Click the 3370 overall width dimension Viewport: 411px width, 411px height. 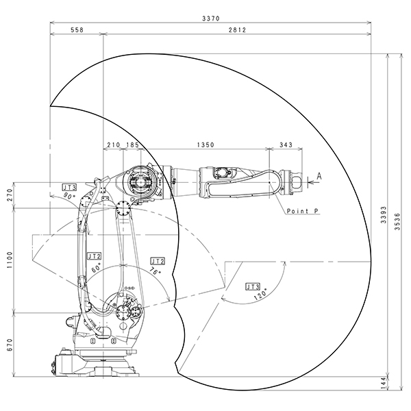(211, 18)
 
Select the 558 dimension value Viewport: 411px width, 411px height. (77, 30)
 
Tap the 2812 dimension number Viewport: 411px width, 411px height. (237, 30)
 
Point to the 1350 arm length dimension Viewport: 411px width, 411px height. (206, 145)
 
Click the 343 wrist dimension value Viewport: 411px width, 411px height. (286, 145)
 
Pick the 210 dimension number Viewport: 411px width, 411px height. (113, 145)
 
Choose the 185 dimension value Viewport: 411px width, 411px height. (132, 145)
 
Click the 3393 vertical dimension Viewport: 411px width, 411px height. (384, 214)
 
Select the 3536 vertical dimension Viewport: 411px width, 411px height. (397, 221)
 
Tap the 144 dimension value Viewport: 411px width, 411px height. (384, 383)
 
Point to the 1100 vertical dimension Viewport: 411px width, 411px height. (10, 260)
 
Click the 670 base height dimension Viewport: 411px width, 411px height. (10, 345)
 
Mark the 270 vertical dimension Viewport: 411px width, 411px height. (10, 195)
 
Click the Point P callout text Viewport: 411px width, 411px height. (303, 211)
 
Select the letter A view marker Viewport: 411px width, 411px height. (319, 176)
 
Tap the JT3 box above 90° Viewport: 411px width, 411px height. (69, 188)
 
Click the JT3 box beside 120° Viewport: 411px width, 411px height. (253, 287)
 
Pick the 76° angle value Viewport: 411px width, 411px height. (155, 271)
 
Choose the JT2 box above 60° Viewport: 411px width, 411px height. (94, 256)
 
